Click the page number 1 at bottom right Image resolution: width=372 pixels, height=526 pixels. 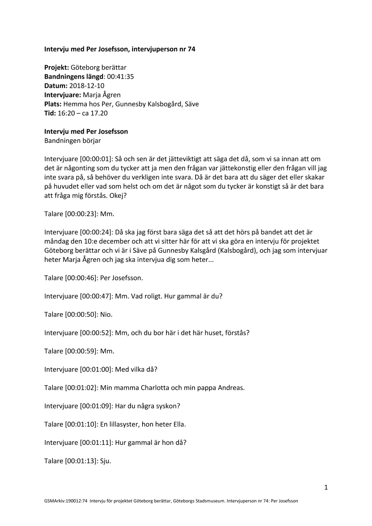click(x=326, y=488)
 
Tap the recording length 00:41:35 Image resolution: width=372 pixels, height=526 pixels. click(x=121, y=77)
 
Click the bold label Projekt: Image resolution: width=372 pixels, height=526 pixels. click(x=57, y=67)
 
